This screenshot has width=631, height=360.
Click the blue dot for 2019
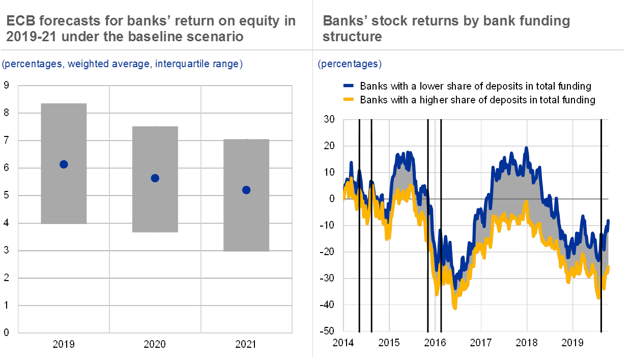tap(64, 164)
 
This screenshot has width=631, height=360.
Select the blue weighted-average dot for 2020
tap(155, 178)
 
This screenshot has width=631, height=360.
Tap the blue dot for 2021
tap(246, 190)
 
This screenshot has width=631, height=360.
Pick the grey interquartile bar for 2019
tap(64, 132)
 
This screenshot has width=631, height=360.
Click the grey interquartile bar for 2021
tap(246, 224)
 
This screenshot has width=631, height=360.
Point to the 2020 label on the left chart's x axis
tap(155, 345)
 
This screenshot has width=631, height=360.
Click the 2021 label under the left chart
tap(246, 345)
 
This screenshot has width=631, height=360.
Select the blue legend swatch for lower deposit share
tap(349, 86)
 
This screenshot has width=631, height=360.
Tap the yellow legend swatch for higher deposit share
tap(349, 100)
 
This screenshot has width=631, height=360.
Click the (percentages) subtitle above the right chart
tap(350, 64)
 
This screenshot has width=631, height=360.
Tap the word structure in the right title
tap(352, 37)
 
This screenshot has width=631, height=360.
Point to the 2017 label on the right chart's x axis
tap(481, 342)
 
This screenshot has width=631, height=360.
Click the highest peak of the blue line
tap(527, 148)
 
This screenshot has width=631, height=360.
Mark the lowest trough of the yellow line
tap(455, 307)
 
